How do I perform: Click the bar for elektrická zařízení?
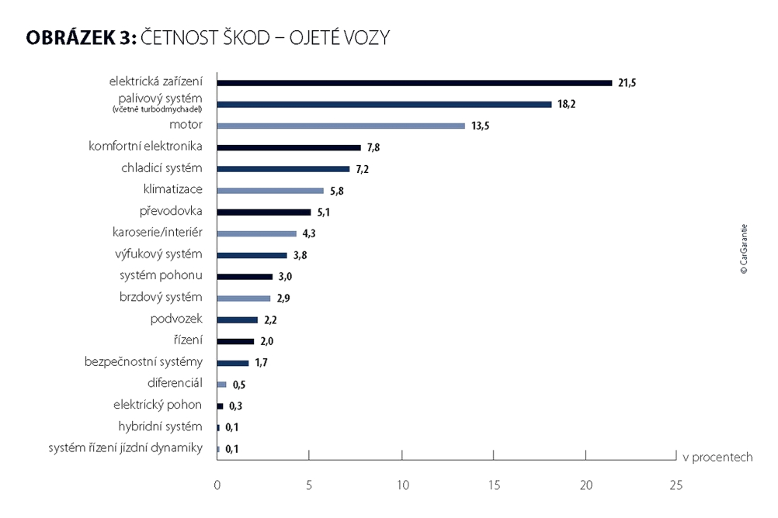[x=415, y=82]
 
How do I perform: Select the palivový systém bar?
[x=384, y=104]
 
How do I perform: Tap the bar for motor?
[x=341, y=126]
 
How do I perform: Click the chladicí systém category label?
[x=162, y=167]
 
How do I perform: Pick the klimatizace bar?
[x=270, y=190]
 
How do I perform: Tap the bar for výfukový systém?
[x=252, y=255]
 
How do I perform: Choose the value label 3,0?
[x=286, y=276]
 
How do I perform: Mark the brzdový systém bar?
[x=244, y=298]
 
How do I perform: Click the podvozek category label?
[x=176, y=319]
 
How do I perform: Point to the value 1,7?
[x=262, y=362]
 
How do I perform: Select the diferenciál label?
[x=175, y=383]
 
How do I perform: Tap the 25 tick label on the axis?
[x=676, y=485]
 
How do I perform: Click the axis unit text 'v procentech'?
[x=717, y=458]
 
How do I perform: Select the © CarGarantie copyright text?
[x=743, y=248]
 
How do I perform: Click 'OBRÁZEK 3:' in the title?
[x=82, y=39]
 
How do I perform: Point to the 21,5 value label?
[x=627, y=83]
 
